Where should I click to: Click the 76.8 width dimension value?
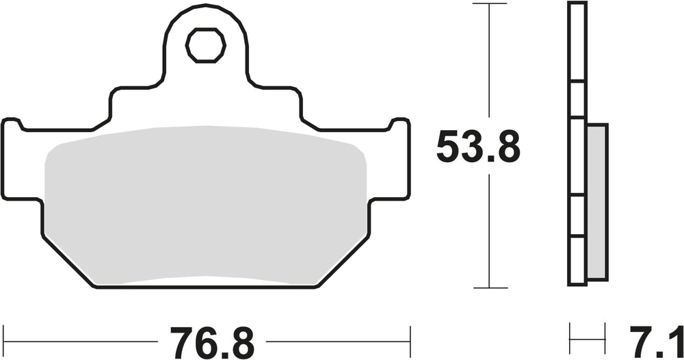(212, 342)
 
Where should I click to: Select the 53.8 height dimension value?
(478, 146)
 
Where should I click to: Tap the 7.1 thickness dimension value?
(656, 342)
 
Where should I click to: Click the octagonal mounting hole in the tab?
(205, 45)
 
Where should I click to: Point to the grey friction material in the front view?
(205, 205)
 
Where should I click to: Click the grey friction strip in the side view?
(596, 201)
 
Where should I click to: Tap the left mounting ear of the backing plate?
(22, 159)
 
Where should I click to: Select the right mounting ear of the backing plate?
(390, 159)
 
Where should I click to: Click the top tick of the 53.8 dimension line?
(490, 3)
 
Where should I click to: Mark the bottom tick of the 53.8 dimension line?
(490, 288)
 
